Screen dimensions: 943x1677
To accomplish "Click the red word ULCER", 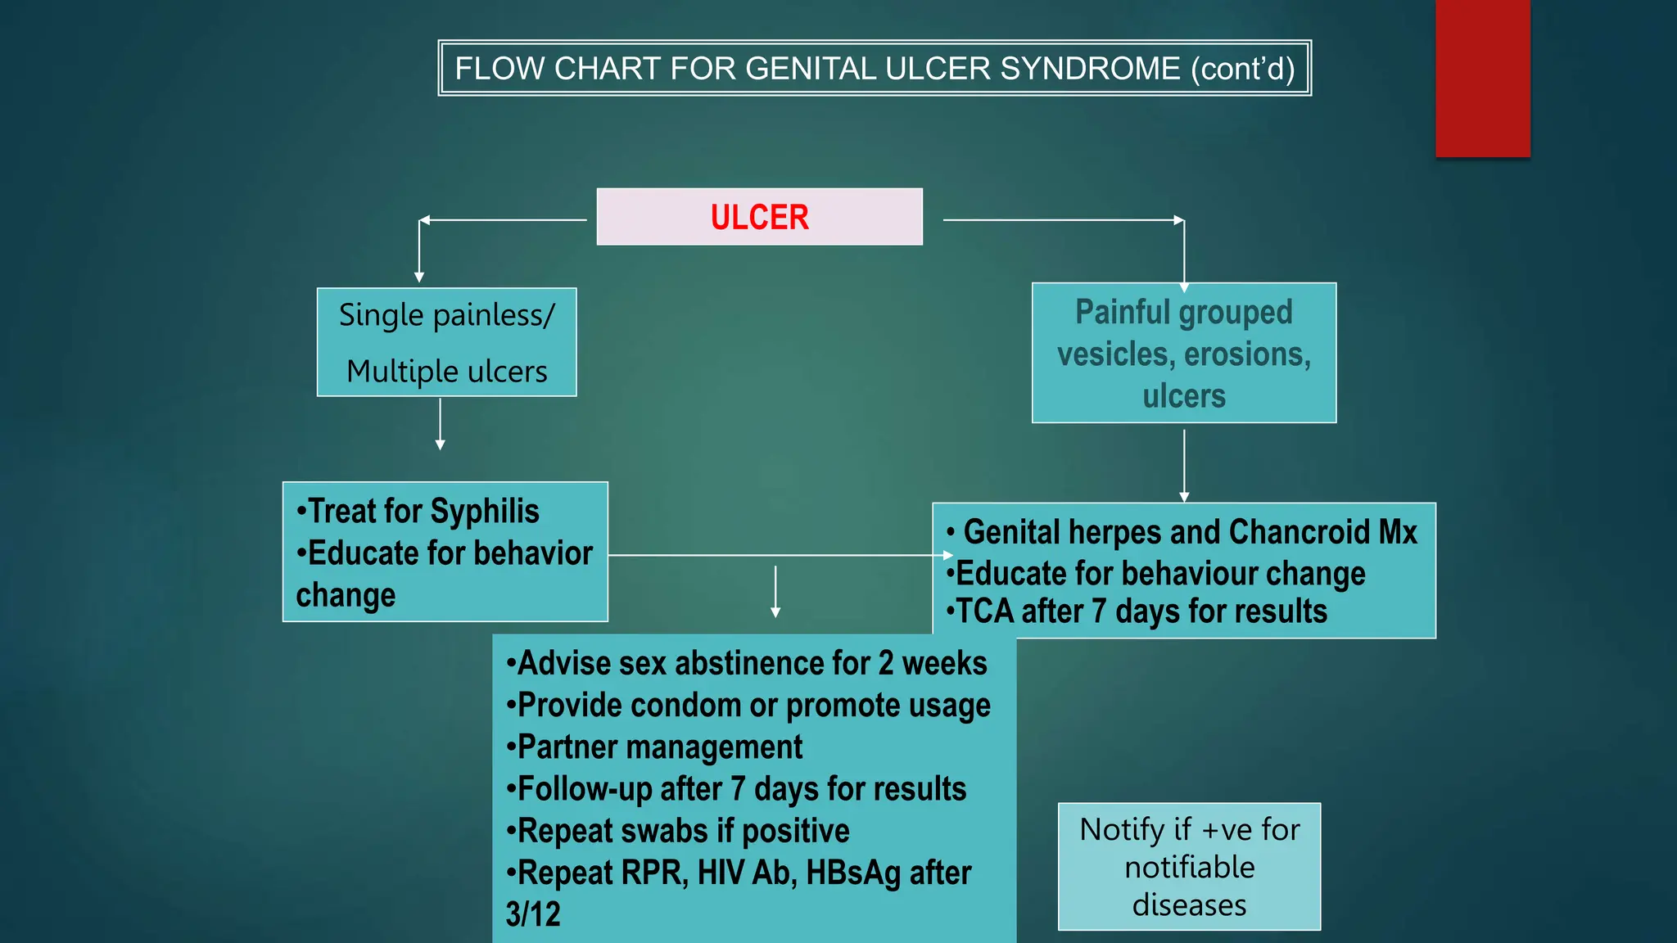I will click(x=759, y=218).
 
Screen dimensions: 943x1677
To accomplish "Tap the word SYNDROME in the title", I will click(x=1090, y=69).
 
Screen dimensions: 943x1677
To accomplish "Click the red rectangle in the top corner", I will click(x=1482, y=78).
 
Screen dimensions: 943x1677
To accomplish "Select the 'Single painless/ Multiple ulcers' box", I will click(x=446, y=342).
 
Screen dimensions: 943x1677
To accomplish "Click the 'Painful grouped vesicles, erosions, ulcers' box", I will click(x=1183, y=354).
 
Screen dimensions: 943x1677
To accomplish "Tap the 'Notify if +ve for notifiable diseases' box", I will click(x=1189, y=867).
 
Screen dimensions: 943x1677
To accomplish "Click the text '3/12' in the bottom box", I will click(x=533, y=914).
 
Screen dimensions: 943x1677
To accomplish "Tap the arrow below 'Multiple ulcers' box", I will click(x=441, y=424).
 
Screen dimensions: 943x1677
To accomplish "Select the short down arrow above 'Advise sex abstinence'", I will click(x=775, y=591).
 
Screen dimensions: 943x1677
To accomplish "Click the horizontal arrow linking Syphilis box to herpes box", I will click(x=778, y=555).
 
